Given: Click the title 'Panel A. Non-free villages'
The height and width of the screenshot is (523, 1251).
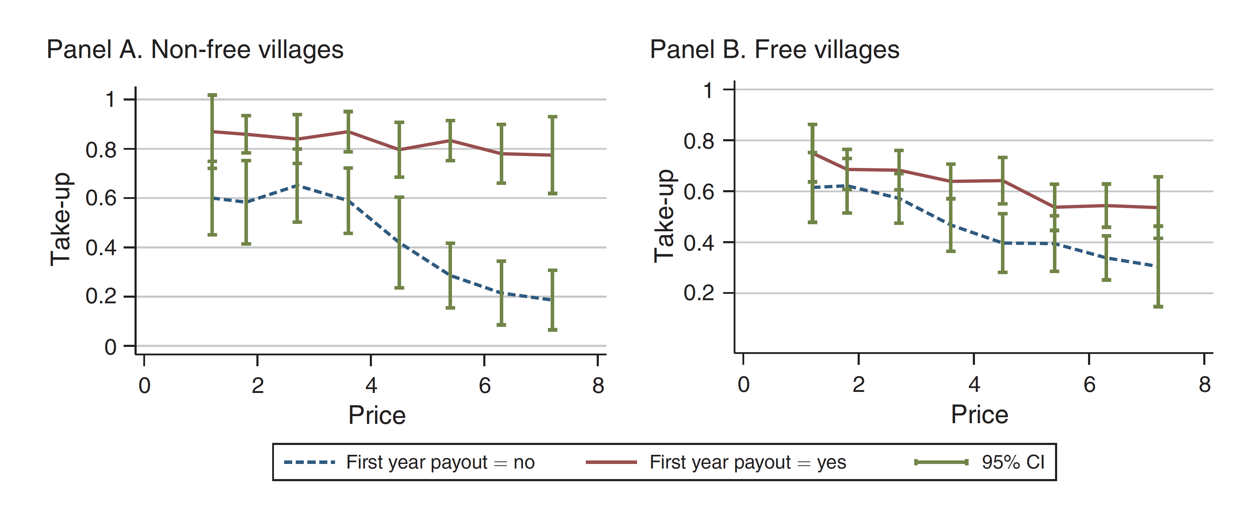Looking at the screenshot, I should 195,50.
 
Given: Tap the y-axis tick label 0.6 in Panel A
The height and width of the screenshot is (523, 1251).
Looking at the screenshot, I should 101,198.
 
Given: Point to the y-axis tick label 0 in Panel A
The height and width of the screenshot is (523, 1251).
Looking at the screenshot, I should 110,347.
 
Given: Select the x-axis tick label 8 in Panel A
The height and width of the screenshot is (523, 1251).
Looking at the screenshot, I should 598,386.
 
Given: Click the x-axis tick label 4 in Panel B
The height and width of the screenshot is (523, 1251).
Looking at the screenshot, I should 974,385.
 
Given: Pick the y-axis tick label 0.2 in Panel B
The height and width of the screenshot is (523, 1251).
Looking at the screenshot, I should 699,293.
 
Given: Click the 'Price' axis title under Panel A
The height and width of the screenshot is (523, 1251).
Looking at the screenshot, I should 377,415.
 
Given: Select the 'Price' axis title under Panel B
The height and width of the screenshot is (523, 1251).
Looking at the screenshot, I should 980,415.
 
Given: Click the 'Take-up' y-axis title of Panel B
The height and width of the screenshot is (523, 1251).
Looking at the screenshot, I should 664,216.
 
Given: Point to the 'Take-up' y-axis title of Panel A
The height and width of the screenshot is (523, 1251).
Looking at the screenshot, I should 61,219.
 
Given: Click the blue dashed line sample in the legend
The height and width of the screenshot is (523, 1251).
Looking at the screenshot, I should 309,462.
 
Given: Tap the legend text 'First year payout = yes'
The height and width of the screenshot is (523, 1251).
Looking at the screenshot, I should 747,462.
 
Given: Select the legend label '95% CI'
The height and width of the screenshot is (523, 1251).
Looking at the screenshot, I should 1013,462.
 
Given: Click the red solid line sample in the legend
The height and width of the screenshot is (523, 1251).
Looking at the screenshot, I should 611,462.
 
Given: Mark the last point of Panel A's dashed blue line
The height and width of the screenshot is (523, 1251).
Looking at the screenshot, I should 552,300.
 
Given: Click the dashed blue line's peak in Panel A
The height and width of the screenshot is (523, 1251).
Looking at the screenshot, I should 297,185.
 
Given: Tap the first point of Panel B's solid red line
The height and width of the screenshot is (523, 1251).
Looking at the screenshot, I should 812,153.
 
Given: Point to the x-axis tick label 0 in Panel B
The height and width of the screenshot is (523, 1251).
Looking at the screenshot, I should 743,385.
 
